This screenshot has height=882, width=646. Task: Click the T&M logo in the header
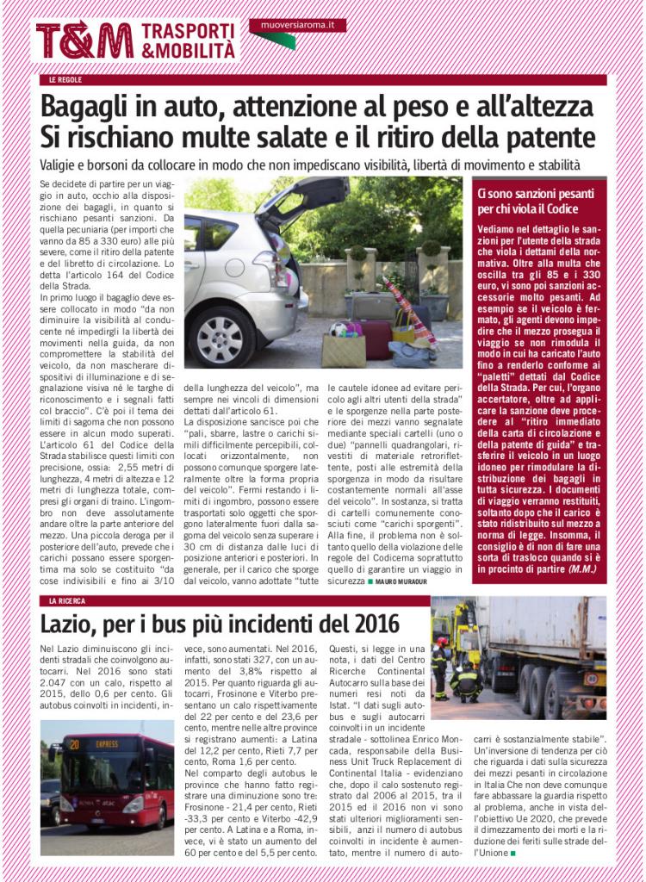coord(84,40)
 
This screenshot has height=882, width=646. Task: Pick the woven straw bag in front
coord(343,349)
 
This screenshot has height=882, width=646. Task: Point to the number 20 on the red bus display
coord(75,741)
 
